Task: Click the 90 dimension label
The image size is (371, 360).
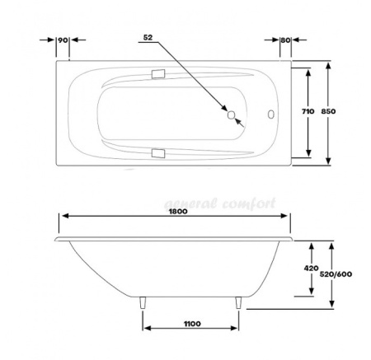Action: click(63, 40)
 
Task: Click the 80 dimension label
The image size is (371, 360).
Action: click(285, 40)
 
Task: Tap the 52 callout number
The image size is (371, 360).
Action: click(148, 37)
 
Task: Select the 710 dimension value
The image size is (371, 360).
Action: click(308, 111)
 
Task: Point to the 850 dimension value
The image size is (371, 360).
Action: click(328, 111)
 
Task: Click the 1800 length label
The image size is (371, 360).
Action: click(178, 211)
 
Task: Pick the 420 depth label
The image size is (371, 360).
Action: click(312, 268)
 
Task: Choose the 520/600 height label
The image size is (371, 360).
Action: click(336, 274)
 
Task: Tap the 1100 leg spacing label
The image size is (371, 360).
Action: click(192, 324)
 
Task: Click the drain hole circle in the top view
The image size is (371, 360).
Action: click(232, 115)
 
